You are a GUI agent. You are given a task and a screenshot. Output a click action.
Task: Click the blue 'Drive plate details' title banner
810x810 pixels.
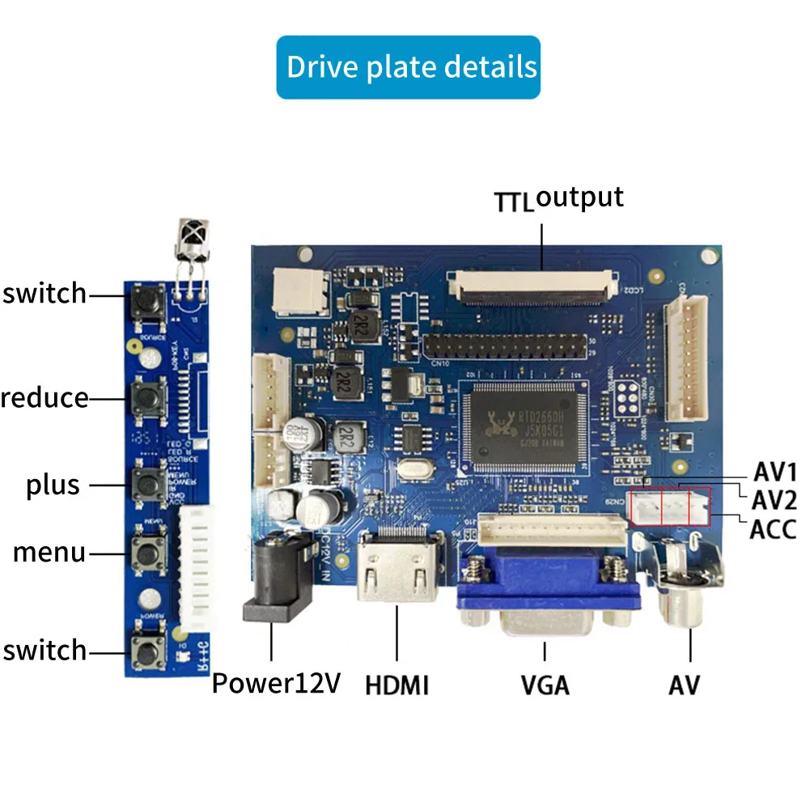(408, 67)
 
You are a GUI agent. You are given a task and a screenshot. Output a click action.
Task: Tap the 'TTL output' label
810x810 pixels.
(559, 199)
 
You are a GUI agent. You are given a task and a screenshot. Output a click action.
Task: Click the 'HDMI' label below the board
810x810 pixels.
(397, 685)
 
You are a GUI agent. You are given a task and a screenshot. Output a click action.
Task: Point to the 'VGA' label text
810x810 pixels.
(545, 685)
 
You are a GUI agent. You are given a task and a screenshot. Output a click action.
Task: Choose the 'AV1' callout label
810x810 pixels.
(775, 472)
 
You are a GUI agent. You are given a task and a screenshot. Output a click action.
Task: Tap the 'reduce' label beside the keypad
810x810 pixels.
(45, 397)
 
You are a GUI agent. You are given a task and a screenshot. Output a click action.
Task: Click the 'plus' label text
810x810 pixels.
(53, 485)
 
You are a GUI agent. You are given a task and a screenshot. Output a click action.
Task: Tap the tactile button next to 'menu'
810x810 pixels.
(147, 553)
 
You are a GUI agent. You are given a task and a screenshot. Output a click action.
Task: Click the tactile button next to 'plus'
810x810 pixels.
(147, 484)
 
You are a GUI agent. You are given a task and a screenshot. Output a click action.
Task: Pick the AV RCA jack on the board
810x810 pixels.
(688, 595)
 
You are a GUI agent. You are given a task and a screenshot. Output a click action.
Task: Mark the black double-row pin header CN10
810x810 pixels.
(506, 349)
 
